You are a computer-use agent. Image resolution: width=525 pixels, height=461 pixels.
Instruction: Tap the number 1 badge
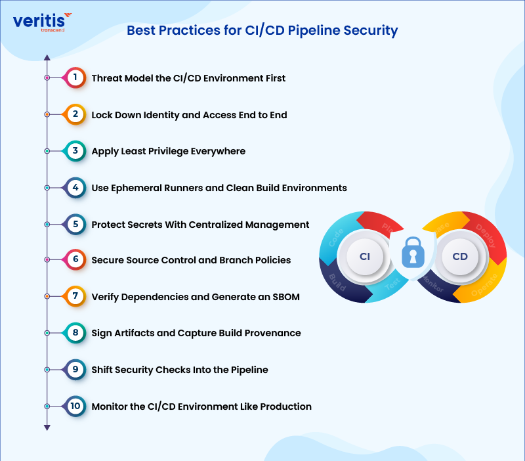click(75, 78)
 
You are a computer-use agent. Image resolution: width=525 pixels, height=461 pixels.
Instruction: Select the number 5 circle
click(75, 224)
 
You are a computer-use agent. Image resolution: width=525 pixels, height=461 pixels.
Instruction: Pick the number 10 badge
click(75, 406)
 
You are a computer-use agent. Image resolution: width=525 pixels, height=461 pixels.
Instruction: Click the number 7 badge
click(75, 296)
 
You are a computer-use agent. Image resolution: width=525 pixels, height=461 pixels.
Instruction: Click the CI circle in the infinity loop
click(366, 256)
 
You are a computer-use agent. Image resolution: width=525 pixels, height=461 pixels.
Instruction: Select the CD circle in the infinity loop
click(459, 256)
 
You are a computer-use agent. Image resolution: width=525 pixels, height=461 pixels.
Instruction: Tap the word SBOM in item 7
click(285, 297)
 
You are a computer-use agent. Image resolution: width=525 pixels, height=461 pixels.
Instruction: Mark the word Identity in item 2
click(159, 115)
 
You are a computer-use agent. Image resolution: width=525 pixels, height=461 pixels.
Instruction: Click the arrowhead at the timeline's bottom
click(47, 428)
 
